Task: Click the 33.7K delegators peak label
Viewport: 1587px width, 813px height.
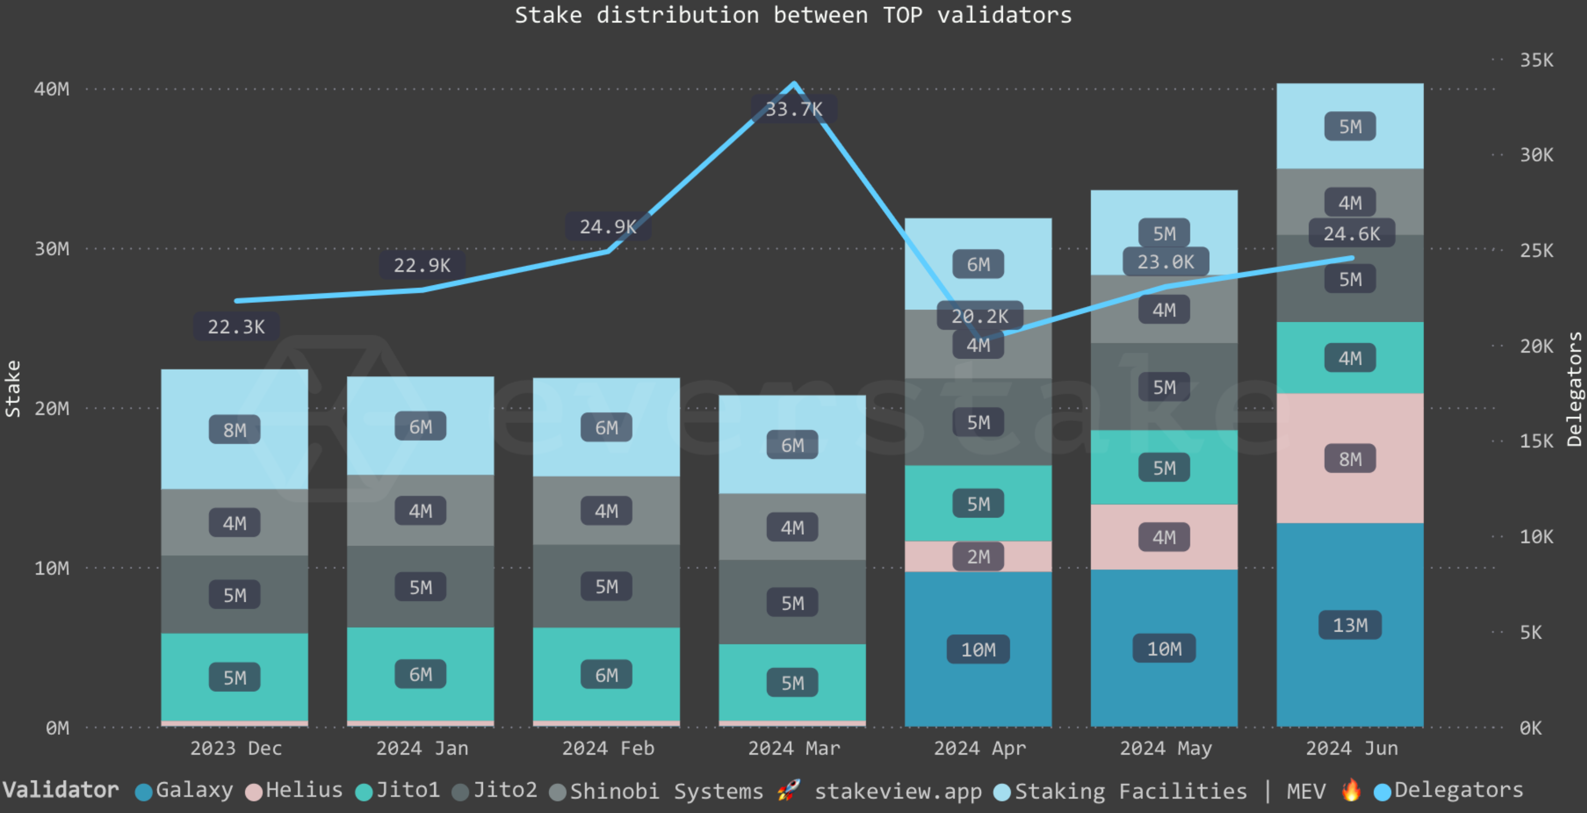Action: click(793, 110)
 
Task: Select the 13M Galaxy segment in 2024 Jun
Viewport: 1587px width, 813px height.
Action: click(1349, 625)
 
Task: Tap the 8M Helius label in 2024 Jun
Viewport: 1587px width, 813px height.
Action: click(1349, 459)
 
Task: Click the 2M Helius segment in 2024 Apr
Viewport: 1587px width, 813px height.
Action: click(978, 557)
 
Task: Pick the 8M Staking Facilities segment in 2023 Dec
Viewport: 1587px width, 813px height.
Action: click(234, 430)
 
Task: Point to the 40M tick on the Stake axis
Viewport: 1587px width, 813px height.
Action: click(52, 89)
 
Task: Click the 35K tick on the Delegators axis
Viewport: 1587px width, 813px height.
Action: click(1536, 60)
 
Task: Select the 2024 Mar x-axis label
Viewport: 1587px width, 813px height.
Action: click(793, 748)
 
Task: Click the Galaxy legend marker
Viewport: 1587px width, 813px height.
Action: click(144, 792)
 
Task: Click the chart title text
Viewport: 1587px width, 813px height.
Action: click(793, 15)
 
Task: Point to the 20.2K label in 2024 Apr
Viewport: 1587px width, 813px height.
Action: click(979, 316)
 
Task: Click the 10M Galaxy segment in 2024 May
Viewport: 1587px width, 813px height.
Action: click(1164, 649)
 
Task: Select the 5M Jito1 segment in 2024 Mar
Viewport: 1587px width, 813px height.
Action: click(793, 683)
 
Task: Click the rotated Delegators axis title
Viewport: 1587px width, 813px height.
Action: click(1574, 389)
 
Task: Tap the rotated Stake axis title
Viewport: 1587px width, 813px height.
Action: click(13, 389)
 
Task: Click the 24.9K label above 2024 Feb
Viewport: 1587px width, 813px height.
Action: click(608, 227)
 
